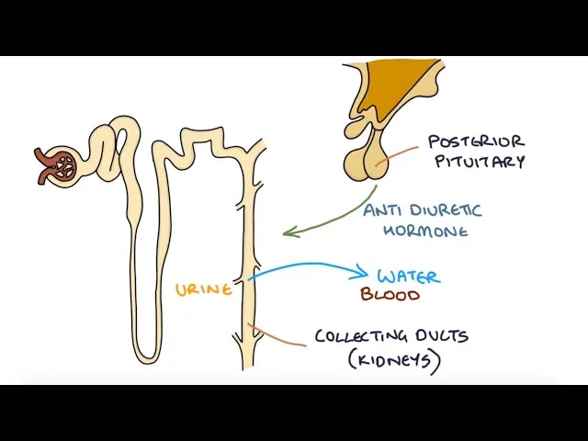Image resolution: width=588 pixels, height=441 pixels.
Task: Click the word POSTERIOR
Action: (476, 142)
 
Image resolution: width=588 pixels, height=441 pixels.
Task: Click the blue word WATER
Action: (408, 276)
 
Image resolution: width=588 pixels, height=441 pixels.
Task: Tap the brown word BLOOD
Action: (390, 295)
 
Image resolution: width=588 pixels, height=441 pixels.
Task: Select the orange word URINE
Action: (203, 289)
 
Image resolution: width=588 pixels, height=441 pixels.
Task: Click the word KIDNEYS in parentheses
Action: (394, 360)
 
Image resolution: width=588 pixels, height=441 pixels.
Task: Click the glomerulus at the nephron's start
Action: (63, 166)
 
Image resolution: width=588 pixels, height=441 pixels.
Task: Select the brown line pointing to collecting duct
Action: (280, 337)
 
